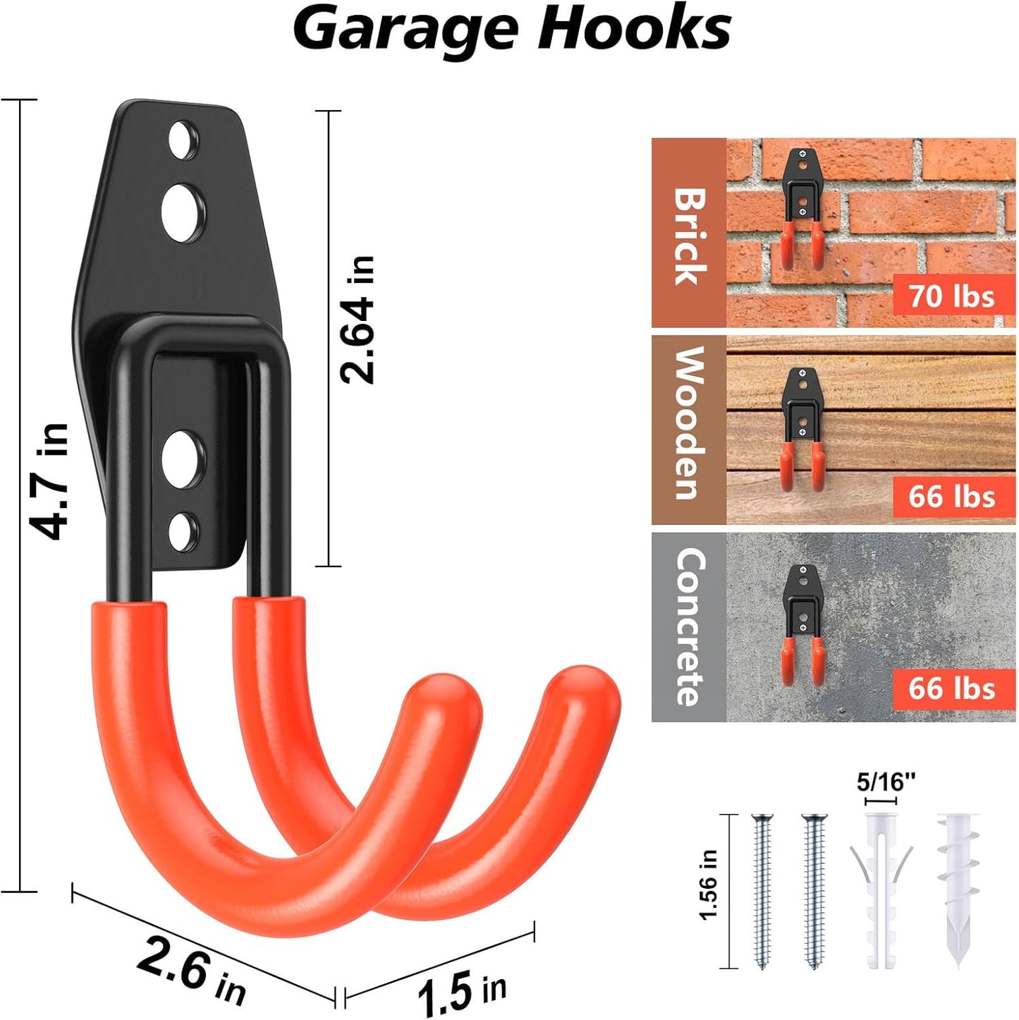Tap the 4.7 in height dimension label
tap(49, 481)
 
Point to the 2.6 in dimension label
tap(190, 971)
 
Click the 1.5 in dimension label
tap(461, 992)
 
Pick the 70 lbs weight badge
tap(951, 296)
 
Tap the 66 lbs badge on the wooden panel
tap(951, 497)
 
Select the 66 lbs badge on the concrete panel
tap(951, 688)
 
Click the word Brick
tap(690, 236)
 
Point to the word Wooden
tap(690, 423)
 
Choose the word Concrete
tap(690, 626)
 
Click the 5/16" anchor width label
tap(885, 782)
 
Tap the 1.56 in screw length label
tap(708, 885)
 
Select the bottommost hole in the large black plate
tap(182, 531)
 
